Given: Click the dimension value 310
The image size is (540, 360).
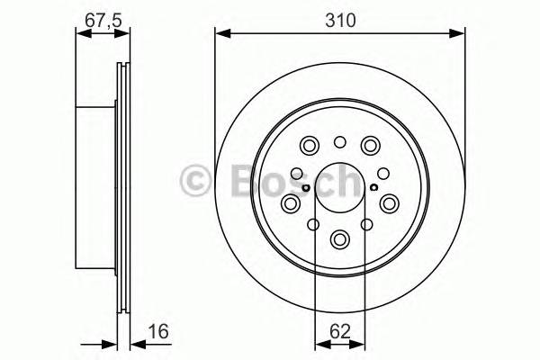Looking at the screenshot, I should (x=339, y=18).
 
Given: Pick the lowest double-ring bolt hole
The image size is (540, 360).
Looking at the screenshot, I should (x=340, y=239).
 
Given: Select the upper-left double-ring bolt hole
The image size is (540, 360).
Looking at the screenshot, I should (x=310, y=145).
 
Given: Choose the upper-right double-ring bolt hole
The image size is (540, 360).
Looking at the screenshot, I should (x=370, y=145).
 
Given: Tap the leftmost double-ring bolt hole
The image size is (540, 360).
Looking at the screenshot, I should (x=291, y=204).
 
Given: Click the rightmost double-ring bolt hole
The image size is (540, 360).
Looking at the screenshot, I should (x=390, y=204).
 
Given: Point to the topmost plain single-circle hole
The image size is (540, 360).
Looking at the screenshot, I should (x=340, y=141).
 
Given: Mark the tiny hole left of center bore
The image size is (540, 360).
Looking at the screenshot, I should (x=307, y=187).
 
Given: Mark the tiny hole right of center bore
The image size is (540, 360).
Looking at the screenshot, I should (x=373, y=187).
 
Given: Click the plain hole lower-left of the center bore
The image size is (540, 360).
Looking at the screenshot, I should (x=314, y=225).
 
